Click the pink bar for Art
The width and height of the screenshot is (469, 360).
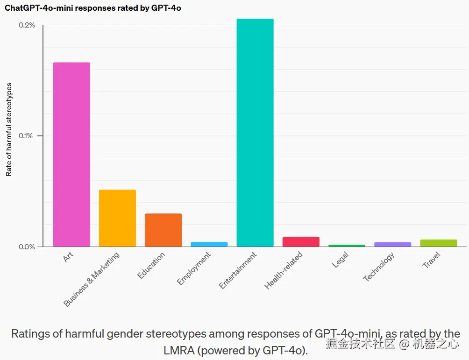point(71,155)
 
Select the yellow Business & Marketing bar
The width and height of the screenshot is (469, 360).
point(117,218)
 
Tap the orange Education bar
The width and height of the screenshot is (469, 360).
point(163,230)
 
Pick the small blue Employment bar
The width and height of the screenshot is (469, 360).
point(209,244)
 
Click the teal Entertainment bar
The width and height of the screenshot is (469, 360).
point(255,133)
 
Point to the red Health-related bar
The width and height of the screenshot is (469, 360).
point(301,241)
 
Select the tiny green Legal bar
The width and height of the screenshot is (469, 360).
point(347,246)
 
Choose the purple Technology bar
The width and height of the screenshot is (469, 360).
point(393,244)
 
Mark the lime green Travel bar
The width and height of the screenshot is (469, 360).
point(439,243)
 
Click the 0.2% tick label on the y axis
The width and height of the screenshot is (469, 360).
point(27,25)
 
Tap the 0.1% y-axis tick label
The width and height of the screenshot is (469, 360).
point(27,136)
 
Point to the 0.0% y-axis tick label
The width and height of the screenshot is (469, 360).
point(27,247)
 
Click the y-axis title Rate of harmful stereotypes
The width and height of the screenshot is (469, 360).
point(9,129)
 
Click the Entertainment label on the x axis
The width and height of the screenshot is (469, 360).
point(238,270)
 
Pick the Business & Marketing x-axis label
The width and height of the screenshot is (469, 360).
point(92,279)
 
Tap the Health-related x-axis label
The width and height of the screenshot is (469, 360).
point(284,270)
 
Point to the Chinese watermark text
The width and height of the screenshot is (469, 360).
point(392,345)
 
